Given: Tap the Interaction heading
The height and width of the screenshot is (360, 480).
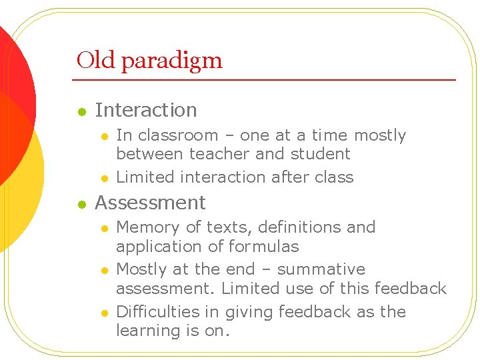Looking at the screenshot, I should click(146, 110).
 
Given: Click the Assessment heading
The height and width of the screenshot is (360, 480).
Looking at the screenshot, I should click(150, 203).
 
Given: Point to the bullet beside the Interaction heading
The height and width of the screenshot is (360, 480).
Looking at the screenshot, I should click(81, 111).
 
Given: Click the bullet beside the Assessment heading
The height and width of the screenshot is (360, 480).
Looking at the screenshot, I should click(81, 204).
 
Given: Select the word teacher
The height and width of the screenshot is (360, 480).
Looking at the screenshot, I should click(220, 154).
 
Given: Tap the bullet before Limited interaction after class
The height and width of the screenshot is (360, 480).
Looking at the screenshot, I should click(104, 178).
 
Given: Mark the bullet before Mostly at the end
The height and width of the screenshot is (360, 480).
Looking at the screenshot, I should click(104, 271).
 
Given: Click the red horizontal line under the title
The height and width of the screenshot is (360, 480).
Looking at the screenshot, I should click(267, 80).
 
